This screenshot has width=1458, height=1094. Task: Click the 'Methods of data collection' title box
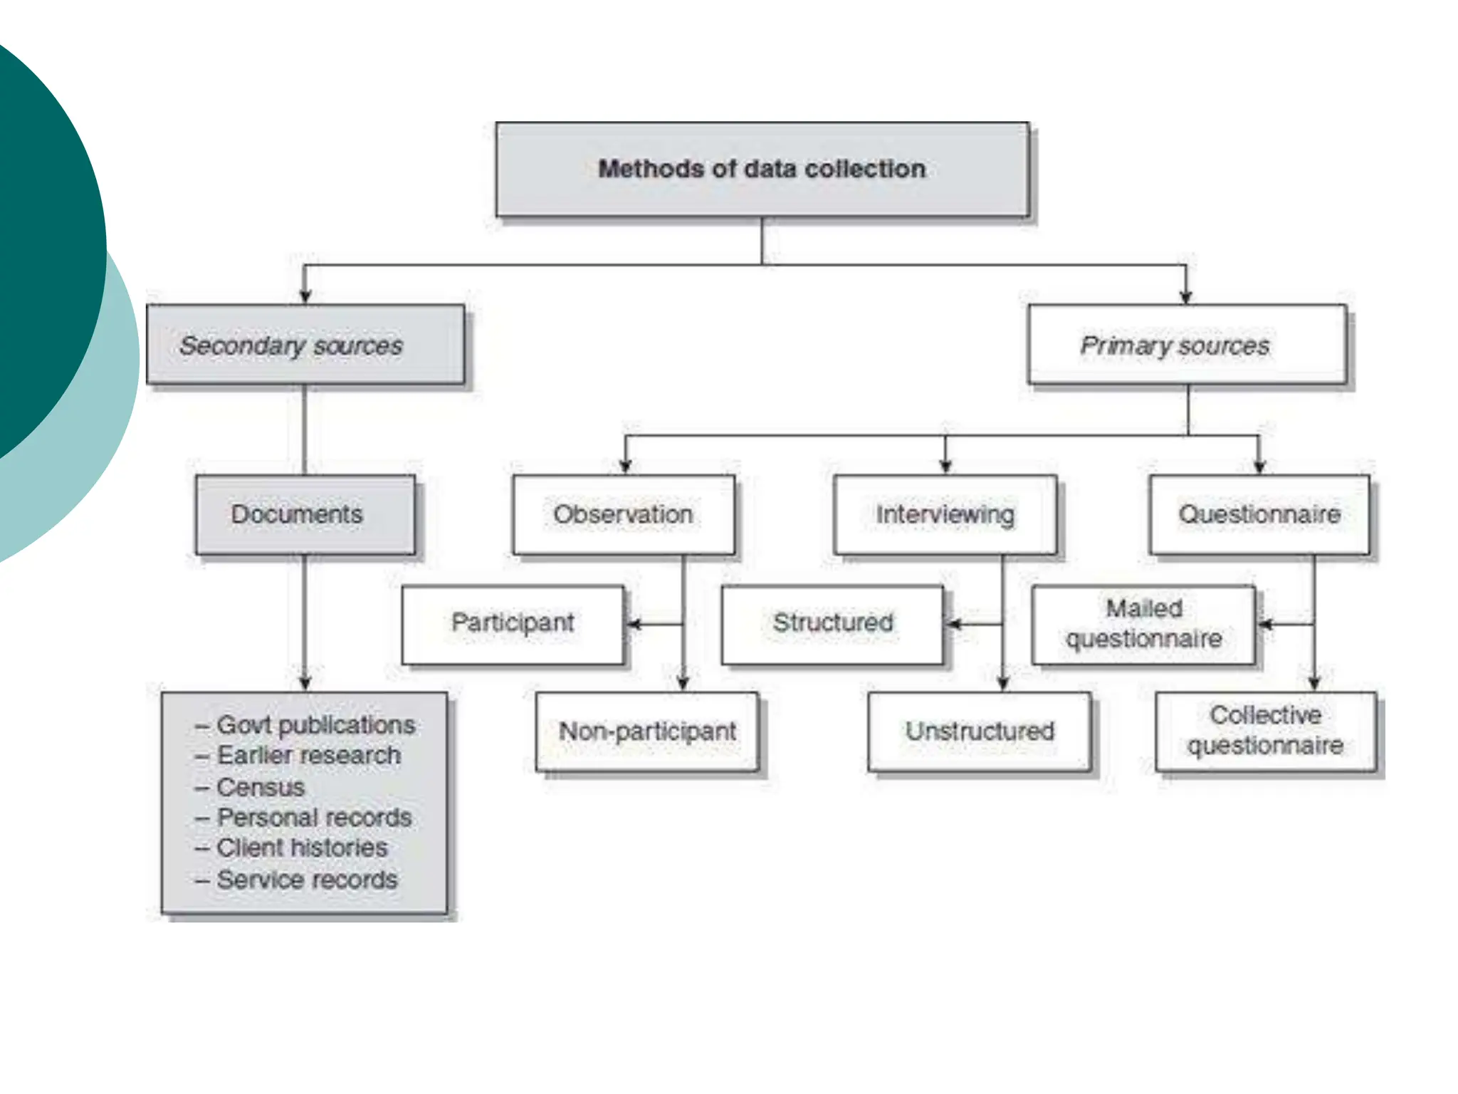click(762, 170)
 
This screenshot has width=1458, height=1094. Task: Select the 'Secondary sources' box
click(305, 345)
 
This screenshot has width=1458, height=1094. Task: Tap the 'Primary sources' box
click(1187, 345)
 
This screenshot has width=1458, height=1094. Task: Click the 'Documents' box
click(305, 514)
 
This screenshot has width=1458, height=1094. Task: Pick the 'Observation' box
click(624, 514)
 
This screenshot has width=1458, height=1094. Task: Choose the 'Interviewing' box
click(945, 514)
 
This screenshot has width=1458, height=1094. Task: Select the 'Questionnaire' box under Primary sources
click(1259, 514)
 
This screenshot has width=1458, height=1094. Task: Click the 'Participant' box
click(513, 623)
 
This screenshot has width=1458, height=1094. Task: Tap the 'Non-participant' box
click(647, 731)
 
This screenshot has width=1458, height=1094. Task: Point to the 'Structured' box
click(832, 623)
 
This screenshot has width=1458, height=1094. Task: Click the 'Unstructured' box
click(980, 731)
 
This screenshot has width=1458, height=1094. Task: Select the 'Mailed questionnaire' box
click(1143, 624)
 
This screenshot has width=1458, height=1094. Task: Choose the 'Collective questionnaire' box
click(1265, 731)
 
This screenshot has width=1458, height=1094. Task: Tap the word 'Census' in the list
click(261, 787)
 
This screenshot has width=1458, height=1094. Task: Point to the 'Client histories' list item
click(302, 848)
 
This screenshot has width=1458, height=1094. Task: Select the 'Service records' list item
click(307, 880)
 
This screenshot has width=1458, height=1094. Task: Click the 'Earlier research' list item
click(308, 756)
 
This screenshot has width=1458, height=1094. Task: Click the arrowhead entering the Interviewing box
click(945, 467)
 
